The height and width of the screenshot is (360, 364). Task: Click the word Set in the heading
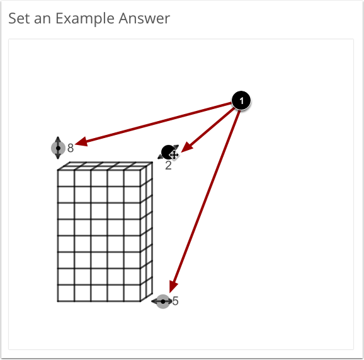(18, 18)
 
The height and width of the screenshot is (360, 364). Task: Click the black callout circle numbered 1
(241, 100)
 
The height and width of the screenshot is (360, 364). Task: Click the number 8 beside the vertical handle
(71, 148)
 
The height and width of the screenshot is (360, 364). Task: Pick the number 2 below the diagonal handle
(168, 166)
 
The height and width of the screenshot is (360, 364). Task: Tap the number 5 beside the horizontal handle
(175, 301)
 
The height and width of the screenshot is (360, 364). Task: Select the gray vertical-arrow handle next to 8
(58, 148)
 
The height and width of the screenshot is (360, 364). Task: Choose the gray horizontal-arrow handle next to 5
(163, 302)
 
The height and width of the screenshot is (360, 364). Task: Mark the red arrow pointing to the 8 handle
(151, 124)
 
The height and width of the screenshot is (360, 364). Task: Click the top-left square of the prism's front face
(66, 178)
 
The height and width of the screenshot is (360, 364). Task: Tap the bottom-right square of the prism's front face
(132, 293)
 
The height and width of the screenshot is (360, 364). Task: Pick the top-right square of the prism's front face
(132, 178)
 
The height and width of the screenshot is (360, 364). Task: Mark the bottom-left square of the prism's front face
(66, 293)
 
